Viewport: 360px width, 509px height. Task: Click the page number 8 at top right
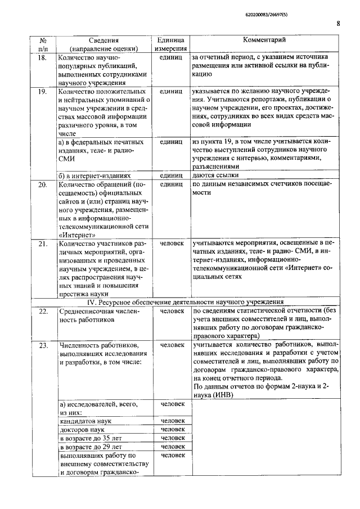[338, 24]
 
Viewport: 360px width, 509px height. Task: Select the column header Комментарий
[264, 40]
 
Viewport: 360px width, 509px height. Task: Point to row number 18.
[42, 58]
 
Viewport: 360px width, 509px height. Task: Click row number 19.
[42, 91]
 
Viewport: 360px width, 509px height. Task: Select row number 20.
[42, 184]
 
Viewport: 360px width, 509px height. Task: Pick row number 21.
[42, 244]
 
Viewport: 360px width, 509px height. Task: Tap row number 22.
[42, 310]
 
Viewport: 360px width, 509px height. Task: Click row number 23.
[42, 344]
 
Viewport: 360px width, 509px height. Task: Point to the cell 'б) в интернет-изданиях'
[95, 175]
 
